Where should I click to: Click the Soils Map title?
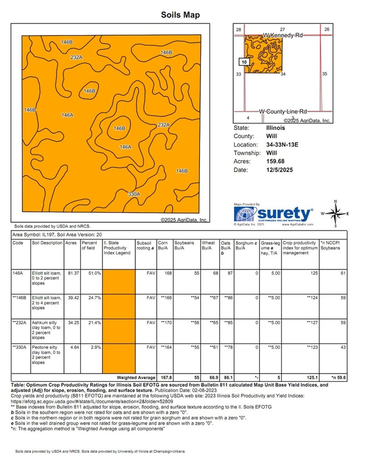tap(180, 15)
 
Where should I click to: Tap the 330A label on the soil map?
tap(134, 194)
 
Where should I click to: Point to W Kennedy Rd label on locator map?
tap(283, 35)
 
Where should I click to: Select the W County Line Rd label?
tap(283, 111)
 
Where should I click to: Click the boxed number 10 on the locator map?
tap(244, 62)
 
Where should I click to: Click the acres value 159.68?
tap(275, 161)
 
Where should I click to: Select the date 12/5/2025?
tap(279, 170)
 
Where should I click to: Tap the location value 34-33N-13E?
tap(282, 145)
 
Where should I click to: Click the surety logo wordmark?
tap(284, 214)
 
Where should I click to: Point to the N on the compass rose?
tap(335, 202)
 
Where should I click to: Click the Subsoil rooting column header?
tap(144, 245)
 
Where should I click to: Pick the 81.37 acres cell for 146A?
tap(73, 273)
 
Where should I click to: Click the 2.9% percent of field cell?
tap(96, 347)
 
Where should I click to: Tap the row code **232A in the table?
tap(20, 323)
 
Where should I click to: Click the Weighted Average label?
tap(136, 378)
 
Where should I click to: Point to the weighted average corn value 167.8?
tap(166, 378)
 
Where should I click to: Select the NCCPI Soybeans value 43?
tap(343, 347)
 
